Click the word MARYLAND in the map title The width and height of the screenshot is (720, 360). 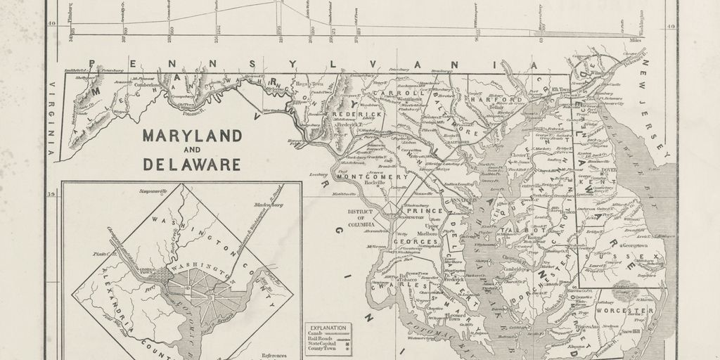(193, 135)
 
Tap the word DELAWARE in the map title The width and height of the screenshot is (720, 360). (193, 165)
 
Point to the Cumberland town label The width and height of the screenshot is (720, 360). (148, 85)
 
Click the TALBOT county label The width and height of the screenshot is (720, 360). (534, 231)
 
